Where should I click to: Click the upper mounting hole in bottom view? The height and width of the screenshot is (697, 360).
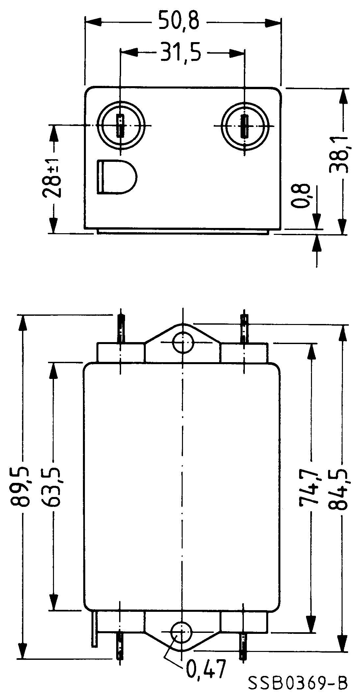point(182,342)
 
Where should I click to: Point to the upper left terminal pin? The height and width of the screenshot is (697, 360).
point(121,329)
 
